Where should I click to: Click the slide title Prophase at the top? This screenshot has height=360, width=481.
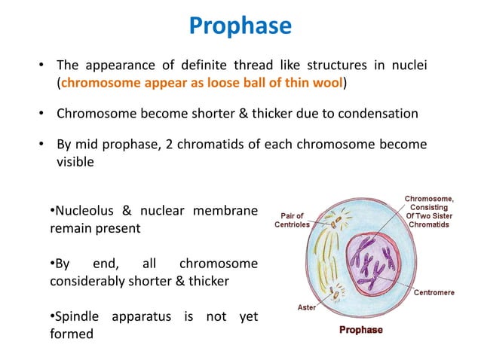click(x=240, y=26)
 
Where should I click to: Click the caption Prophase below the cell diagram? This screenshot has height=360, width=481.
click(x=360, y=330)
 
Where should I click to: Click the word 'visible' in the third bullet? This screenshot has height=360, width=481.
click(x=75, y=160)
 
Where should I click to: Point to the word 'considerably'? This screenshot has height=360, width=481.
click(x=89, y=281)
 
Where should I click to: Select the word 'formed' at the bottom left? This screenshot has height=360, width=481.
click(x=72, y=334)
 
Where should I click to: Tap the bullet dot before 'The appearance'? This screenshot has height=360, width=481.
click(x=43, y=68)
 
